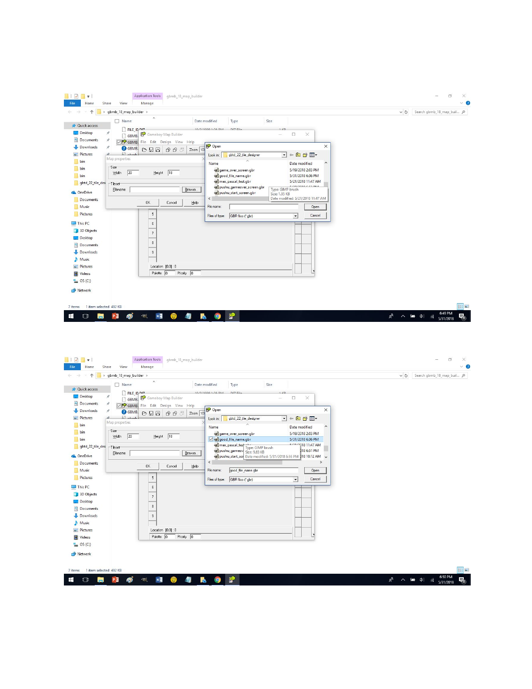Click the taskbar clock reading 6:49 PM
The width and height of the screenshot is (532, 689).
pyautogui.click(x=446, y=316)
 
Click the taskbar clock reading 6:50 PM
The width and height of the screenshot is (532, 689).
pyautogui.click(x=446, y=579)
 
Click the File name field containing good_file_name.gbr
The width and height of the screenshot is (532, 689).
pyautogui.click(x=263, y=470)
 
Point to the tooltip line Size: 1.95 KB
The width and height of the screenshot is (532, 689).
pyautogui.click(x=280, y=194)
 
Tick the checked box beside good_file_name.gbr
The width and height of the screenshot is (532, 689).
pyautogui.click(x=211, y=439)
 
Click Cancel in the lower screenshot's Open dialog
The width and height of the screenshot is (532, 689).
pyautogui.click(x=315, y=479)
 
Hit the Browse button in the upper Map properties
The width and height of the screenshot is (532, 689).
pyautogui.click(x=191, y=190)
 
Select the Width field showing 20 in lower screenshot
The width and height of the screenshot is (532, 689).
pyautogui.click(x=133, y=436)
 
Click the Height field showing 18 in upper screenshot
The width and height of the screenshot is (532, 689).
pyautogui.click(x=173, y=173)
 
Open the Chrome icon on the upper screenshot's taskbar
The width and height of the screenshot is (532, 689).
pyautogui.click(x=217, y=316)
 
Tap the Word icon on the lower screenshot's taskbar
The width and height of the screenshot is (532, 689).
pyautogui.click(x=159, y=580)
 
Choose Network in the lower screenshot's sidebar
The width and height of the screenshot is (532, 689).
pyautogui.click(x=84, y=554)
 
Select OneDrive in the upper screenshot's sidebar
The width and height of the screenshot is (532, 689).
pyautogui.click(x=85, y=192)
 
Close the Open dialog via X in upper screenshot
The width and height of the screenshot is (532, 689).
pyautogui.click(x=326, y=146)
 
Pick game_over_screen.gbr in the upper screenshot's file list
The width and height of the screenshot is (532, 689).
pyautogui.click(x=237, y=170)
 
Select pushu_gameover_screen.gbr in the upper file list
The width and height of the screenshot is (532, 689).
pyautogui.click(x=242, y=187)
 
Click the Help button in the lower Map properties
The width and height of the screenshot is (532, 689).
pyautogui.click(x=195, y=466)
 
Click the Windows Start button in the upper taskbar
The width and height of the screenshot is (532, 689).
pyautogui.click(x=71, y=316)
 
